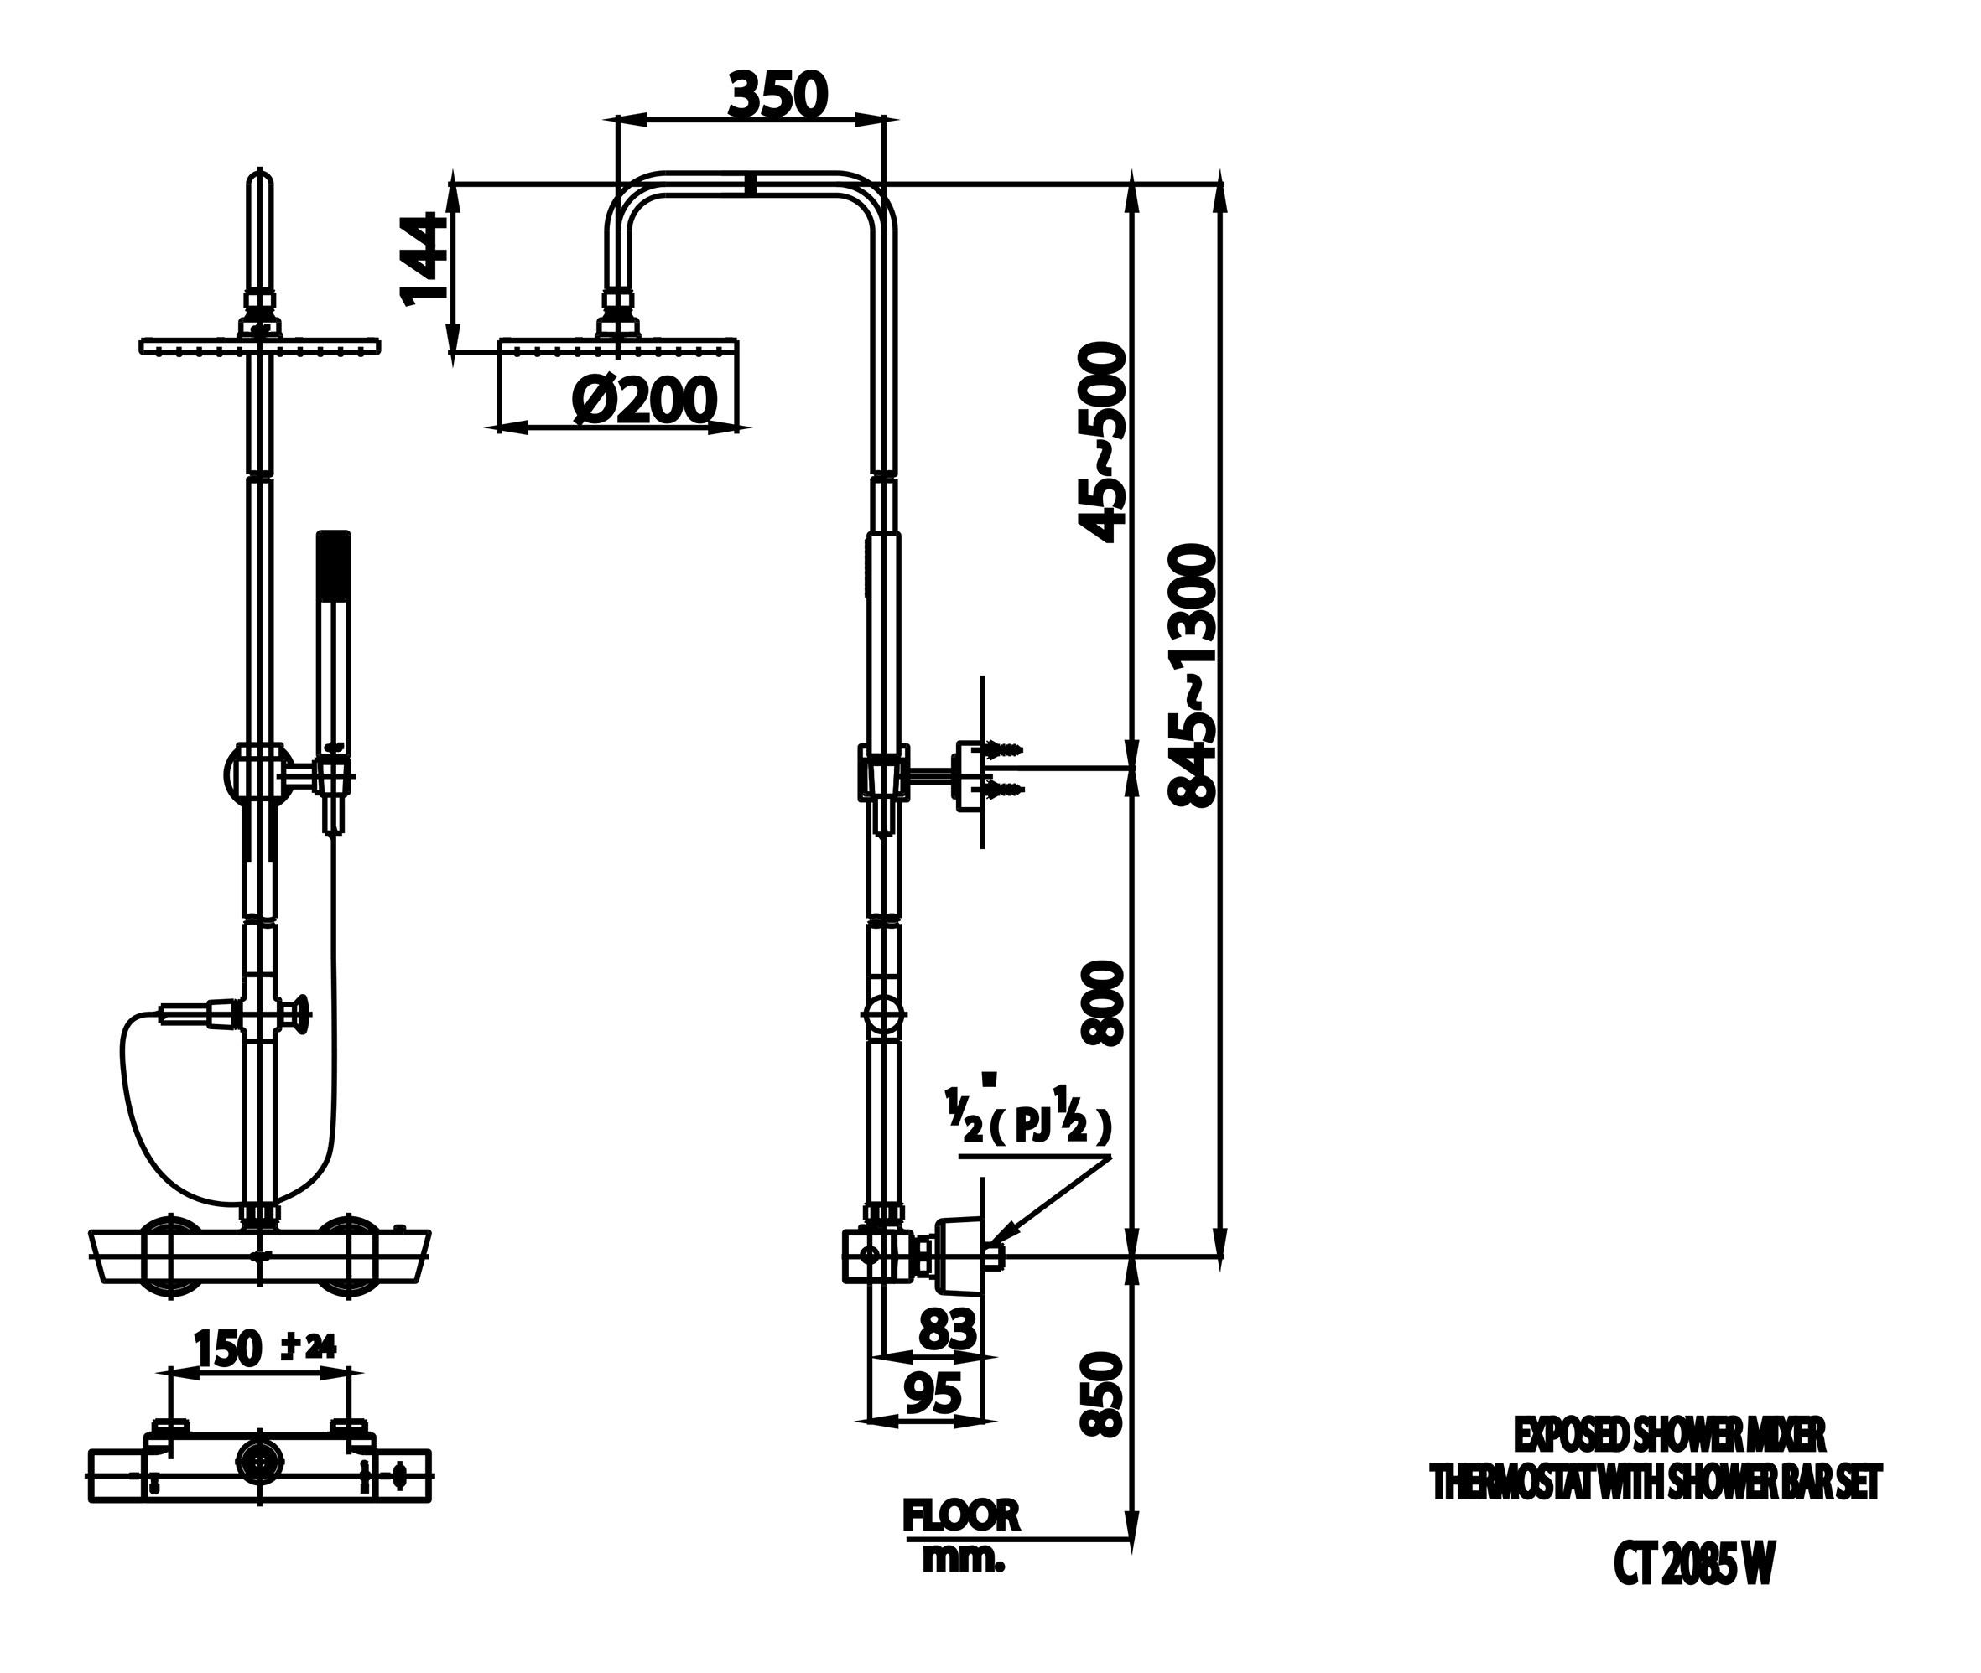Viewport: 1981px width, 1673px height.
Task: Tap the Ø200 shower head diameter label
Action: pos(643,401)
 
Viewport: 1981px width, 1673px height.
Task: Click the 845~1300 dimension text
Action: pos(1192,675)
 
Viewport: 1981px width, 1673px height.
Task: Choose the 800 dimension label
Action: pos(1102,1003)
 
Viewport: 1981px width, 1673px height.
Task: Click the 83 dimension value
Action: pos(947,1329)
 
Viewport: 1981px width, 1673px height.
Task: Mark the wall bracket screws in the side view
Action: pos(1004,769)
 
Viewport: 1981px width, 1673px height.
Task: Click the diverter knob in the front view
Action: pos(302,1013)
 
